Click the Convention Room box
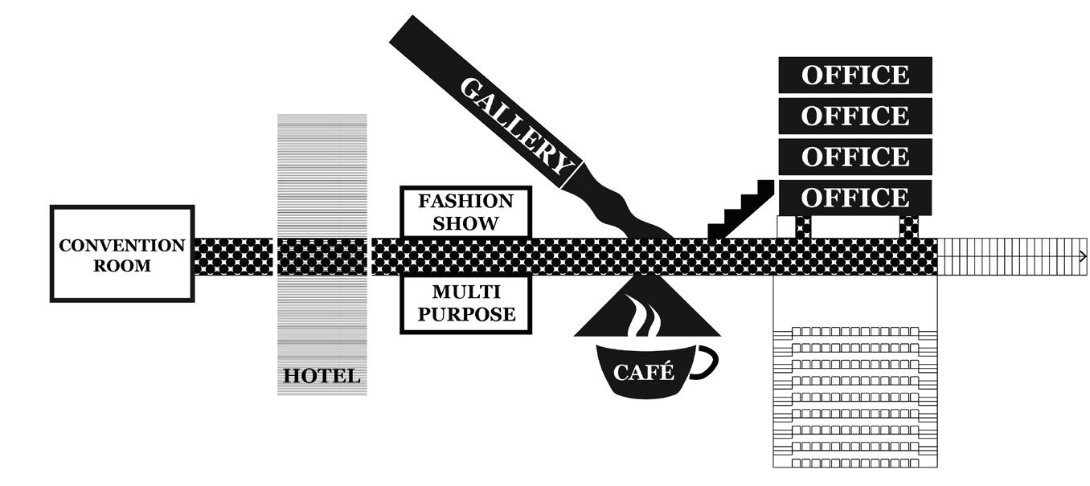tap(122, 254)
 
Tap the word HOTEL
tap(322, 376)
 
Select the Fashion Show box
tap(465, 212)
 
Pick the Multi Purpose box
tap(466, 304)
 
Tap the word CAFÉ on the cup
tap(643, 372)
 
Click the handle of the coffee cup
tap(705, 361)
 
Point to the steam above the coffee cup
tap(645, 317)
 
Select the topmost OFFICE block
tap(855, 75)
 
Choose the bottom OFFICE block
tap(855, 198)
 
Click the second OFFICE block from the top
tap(855, 116)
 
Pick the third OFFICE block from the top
tap(855, 157)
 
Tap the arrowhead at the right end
tap(1083, 256)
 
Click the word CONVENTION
tap(122, 245)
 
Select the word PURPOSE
tap(466, 314)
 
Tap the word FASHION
tap(465, 201)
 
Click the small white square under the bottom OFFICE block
tap(785, 227)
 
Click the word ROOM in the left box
tap(122, 266)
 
